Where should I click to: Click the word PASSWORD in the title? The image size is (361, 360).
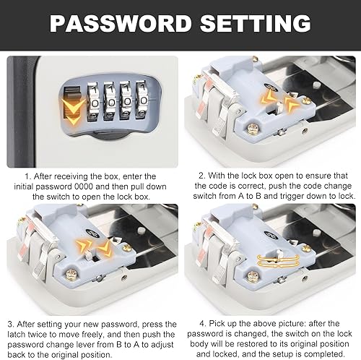tap(121, 23)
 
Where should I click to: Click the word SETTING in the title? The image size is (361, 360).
tap(256, 23)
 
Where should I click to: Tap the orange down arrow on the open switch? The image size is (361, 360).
tap(72, 111)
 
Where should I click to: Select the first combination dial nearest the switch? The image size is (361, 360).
tap(93, 101)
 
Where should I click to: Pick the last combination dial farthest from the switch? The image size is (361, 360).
tap(142, 100)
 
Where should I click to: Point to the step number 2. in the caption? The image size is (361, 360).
tap(201, 176)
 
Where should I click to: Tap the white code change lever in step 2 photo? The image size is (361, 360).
tap(279, 106)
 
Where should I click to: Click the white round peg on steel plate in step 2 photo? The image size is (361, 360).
tap(317, 85)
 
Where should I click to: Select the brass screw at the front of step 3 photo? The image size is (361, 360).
tap(71, 275)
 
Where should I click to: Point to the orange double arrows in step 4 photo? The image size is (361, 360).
tap(278, 261)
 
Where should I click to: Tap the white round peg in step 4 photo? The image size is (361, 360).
tap(317, 232)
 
